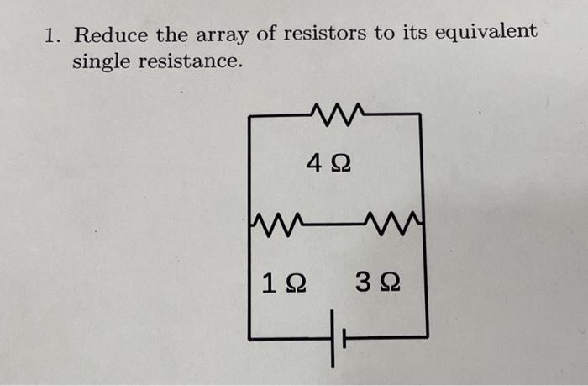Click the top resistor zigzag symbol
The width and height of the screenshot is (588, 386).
[x=337, y=111]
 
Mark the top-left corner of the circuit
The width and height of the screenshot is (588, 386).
[x=249, y=114]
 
